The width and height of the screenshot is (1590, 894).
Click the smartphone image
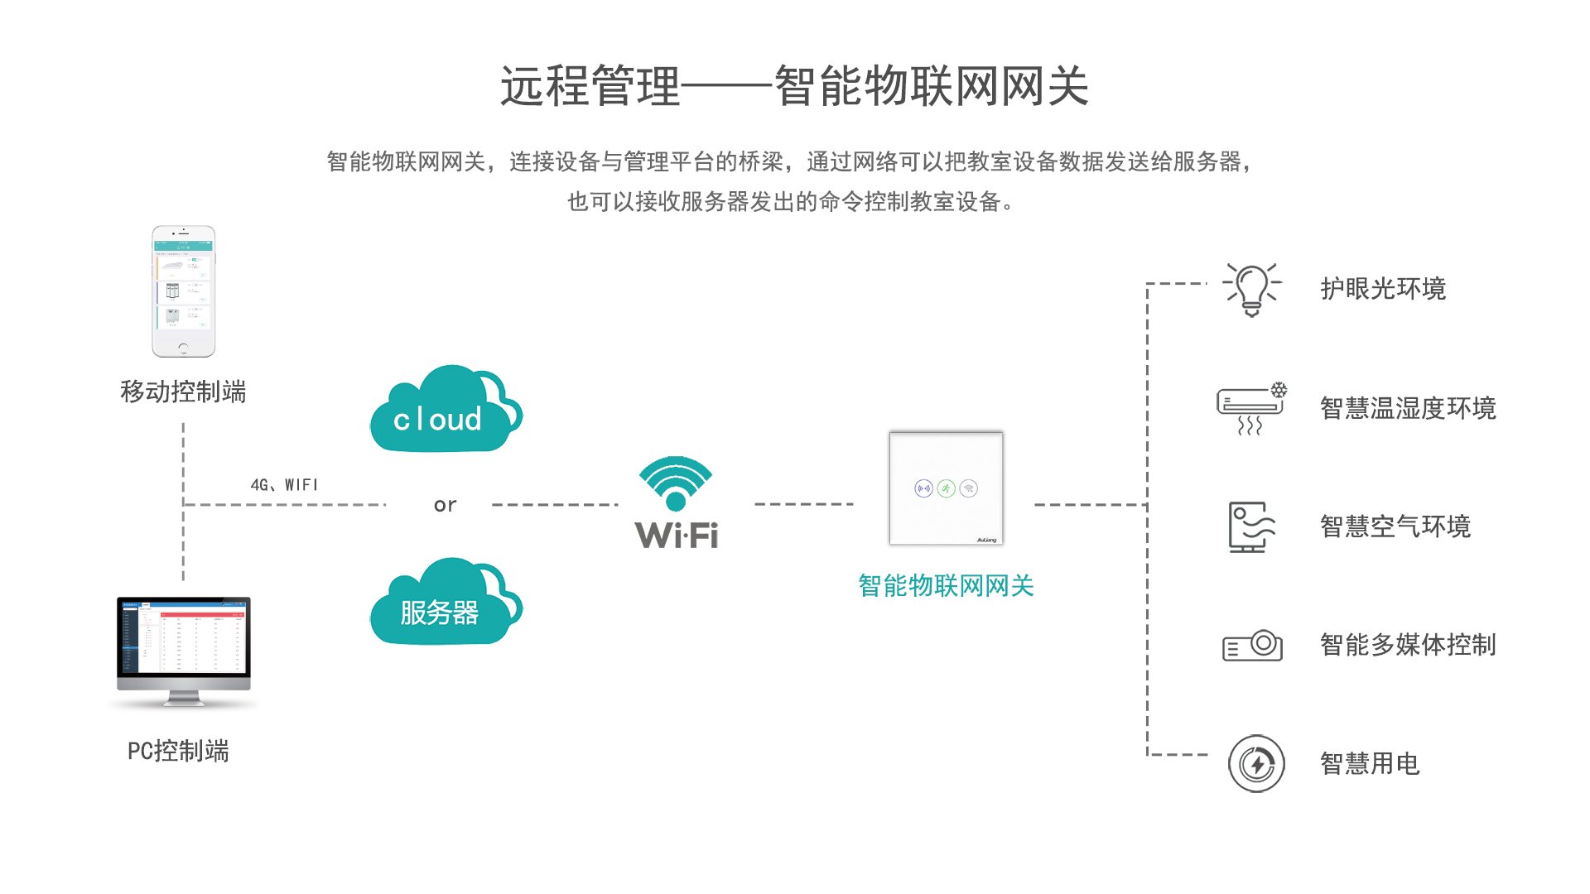tap(183, 291)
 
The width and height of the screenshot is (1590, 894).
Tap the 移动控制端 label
tap(183, 392)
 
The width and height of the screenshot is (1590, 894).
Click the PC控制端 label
tap(178, 751)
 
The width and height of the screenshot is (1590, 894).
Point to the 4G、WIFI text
tap(284, 485)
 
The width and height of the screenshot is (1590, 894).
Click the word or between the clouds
tap(445, 505)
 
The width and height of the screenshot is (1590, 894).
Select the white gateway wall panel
tap(946, 488)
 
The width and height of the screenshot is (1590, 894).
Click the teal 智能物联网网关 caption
tap(946, 586)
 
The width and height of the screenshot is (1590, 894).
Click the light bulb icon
tap(1252, 290)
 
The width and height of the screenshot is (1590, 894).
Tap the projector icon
tap(1252, 645)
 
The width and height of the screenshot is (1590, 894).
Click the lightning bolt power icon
tap(1256, 763)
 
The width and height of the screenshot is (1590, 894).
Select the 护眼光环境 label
tap(1383, 289)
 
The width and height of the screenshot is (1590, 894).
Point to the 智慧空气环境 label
tap(1395, 526)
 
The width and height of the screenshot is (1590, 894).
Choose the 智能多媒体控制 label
tap(1408, 645)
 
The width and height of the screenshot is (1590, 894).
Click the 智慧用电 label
tap(1370, 763)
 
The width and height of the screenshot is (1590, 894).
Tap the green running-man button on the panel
tap(946, 488)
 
